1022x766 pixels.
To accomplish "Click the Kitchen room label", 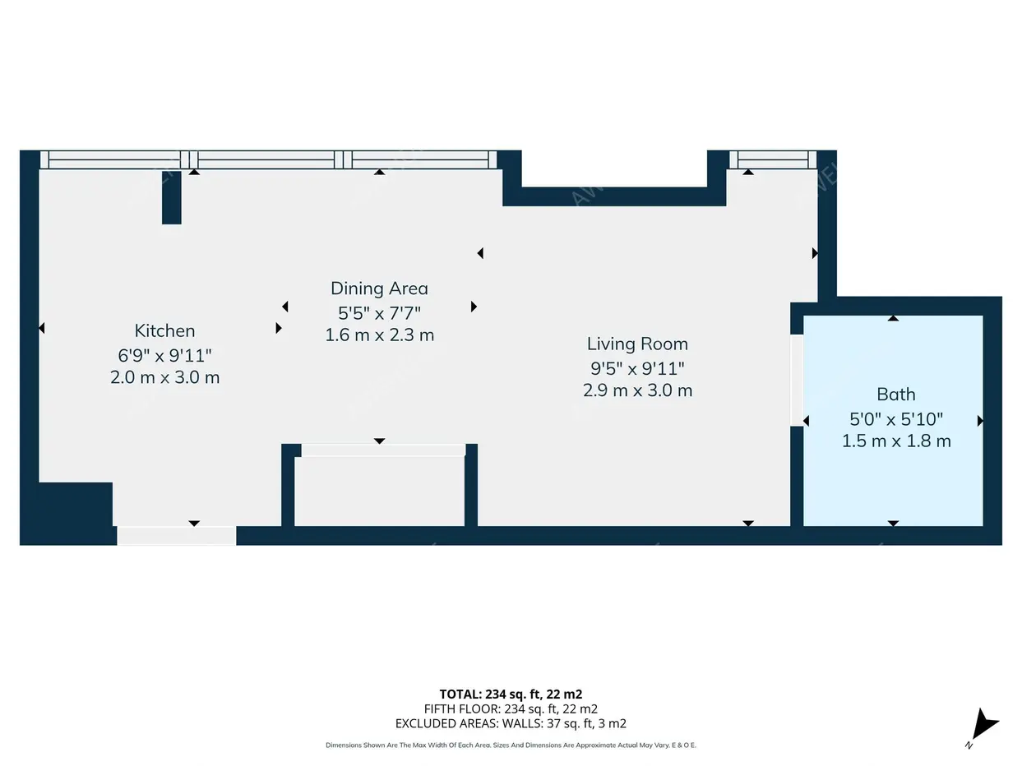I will [164, 330].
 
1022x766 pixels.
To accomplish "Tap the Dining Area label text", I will [379, 288].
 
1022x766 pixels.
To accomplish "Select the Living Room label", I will [637, 344].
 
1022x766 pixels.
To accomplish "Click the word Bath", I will [895, 395].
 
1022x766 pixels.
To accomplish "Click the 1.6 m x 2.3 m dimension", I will [379, 335].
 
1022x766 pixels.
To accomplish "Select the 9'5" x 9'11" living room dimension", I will [637, 367].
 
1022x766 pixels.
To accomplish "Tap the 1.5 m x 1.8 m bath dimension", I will [895, 441].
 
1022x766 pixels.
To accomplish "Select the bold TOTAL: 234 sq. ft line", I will [511, 694].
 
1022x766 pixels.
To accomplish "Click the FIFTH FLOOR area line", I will [511, 708].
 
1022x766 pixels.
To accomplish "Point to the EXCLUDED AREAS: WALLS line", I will [511, 723].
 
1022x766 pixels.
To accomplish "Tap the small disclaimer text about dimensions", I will [511, 745].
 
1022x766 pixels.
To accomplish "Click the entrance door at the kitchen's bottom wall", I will [176, 536].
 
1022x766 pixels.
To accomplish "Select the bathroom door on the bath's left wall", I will [797, 380].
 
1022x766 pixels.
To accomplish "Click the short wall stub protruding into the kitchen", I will [171, 197].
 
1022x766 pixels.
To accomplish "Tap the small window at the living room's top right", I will [772, 159].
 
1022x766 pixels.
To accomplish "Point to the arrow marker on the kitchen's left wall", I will [41, 328].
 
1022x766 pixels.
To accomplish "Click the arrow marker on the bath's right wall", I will [980, 421].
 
